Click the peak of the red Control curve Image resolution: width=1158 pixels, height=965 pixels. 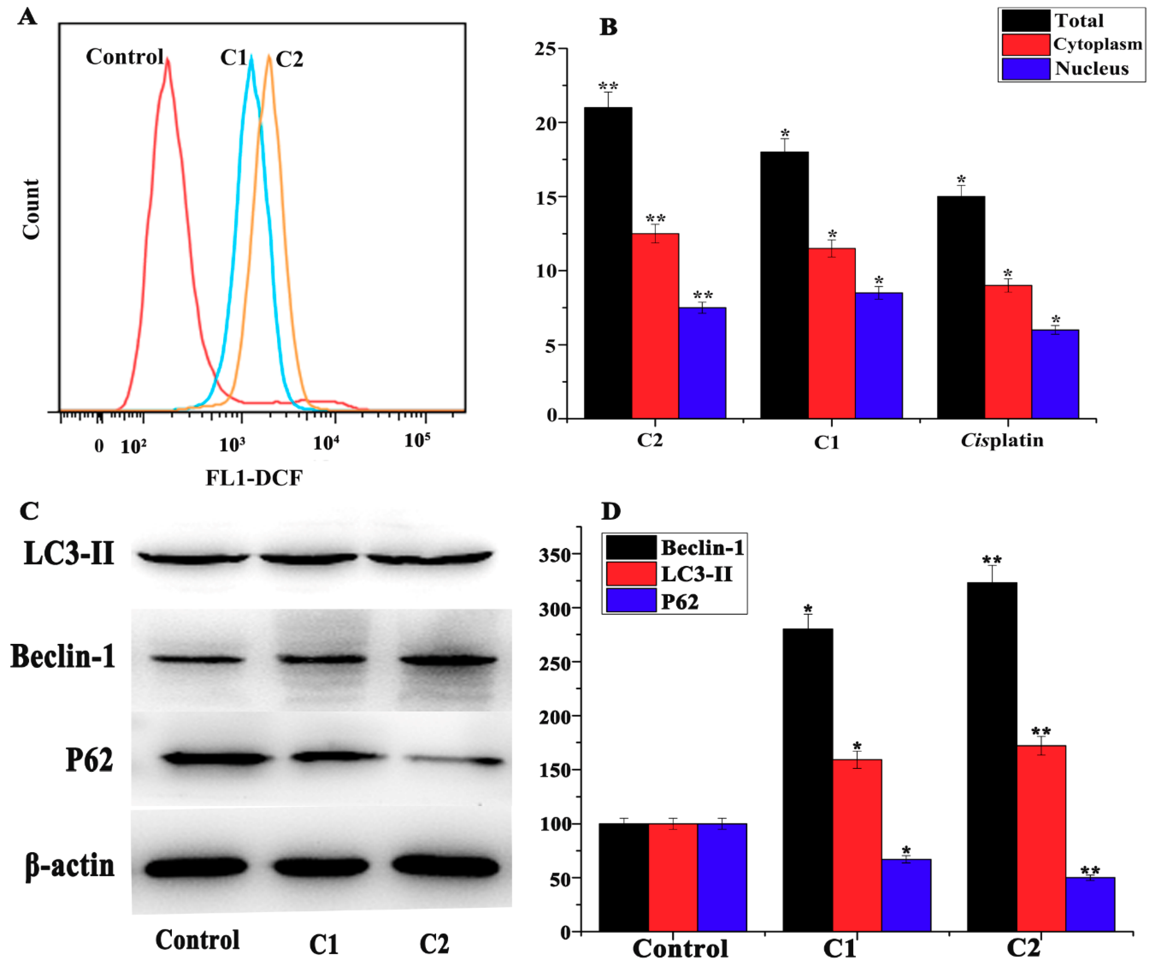[167, 60]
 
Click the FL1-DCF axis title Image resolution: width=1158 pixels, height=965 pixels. [254, 478]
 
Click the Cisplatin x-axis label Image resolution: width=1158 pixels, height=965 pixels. [1002, 440]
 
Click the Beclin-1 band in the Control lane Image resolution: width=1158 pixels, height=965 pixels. [197, 659]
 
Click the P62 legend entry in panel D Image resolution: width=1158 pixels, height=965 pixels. [679, 601]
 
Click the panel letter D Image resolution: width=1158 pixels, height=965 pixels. [610, 511]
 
